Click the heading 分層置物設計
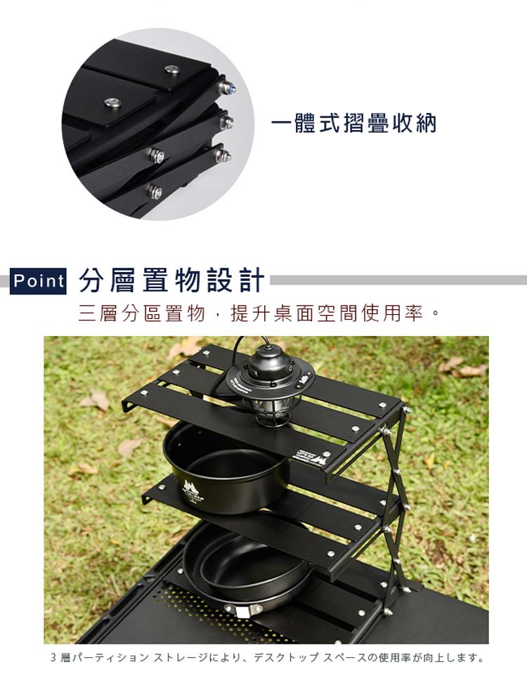pos(171,280)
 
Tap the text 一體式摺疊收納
pos(353,124)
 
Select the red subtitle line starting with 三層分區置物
pos(259,313)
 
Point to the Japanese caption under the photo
pos(266,658)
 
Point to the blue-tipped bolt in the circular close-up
pos(227,88)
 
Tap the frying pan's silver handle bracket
pos(244,610)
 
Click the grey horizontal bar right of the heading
pos(398,280)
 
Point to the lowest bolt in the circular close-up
pos(154,191)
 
